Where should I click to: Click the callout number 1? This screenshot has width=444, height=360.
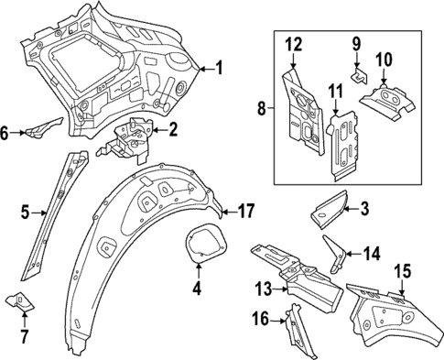pos(218,67)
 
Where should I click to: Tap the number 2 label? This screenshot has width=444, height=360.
pos(172,129)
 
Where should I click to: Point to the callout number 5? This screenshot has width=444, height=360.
pos(26,214)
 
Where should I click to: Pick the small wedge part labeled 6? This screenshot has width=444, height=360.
pos(42,130)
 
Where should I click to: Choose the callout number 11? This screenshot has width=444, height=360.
pos(335,91)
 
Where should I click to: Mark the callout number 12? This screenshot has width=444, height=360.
pos(293,44)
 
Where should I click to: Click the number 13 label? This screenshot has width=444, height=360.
pos(263,289)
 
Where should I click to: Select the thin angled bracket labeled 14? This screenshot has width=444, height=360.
pos(335,252)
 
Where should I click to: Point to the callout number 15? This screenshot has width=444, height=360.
pos(402,271)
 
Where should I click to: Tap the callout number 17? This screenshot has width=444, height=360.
pos(244,211)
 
